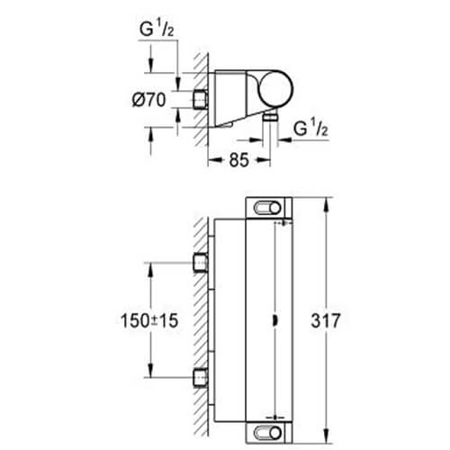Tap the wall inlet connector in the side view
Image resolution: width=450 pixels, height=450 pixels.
point(199,98)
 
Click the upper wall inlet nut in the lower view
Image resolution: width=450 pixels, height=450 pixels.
point(202,263)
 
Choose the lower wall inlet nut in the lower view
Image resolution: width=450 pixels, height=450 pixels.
point(202,376)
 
